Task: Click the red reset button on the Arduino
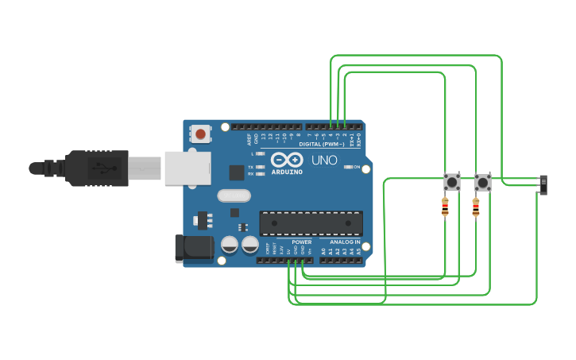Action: (x=200, y=134)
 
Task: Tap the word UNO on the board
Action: (x=323, y=161)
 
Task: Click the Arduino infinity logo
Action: (x=286, y=160)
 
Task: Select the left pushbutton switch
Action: (x=451, y=182)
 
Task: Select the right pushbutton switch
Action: (x=482, y=182)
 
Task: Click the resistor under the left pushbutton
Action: (x=445, y=208)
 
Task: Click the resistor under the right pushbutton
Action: (x=476, y=208)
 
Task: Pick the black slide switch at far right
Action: (x=543, y=184)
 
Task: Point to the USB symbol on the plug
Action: (x=99, y=168)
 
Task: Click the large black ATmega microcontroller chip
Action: (x=311, y=223)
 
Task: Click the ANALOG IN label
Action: (x=345, y=242)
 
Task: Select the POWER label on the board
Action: (x=301, y=242)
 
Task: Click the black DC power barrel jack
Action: (x=193, y=248)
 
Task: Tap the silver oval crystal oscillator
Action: (x=234, y=195)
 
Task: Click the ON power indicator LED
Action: (x=347, y=167)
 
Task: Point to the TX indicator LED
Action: (x=260, y=167)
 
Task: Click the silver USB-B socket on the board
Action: (x=187, y=168)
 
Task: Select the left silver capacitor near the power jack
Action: (x=230, y=244)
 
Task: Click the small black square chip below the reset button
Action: (x=237, y=172)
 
